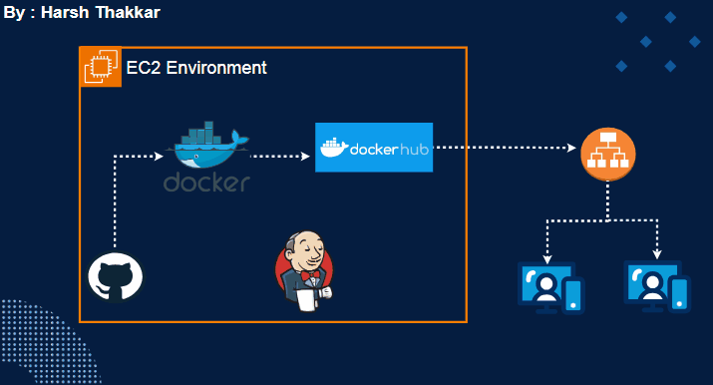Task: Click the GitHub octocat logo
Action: [115, 276]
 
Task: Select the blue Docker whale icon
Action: [208, 150]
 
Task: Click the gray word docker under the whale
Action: [206, 183]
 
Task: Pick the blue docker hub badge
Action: [374, 148]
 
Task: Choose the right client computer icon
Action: [655, 285]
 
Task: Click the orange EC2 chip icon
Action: [100, 68]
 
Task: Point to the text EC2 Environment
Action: [196, 68]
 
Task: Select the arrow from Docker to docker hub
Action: [280, 157]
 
